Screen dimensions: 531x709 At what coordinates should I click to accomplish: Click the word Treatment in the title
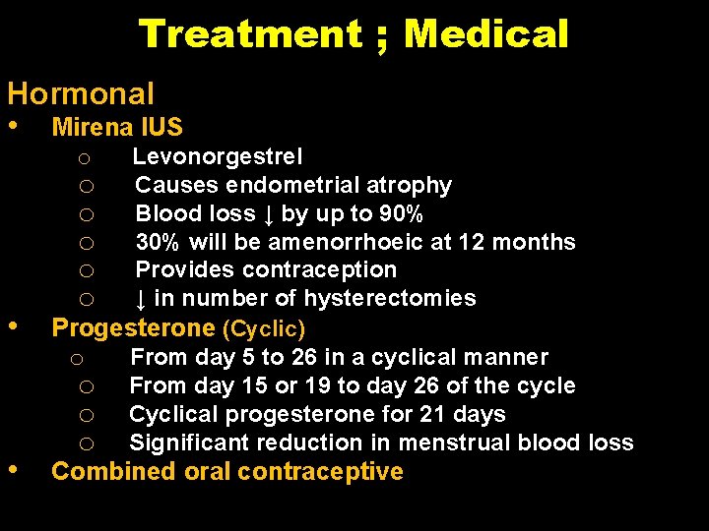pos(250,34)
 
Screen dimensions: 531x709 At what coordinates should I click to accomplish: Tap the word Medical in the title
pos(486,34)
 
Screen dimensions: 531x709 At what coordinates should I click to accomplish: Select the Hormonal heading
pos(81,94)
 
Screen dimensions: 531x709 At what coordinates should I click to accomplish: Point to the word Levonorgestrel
pos(218,156)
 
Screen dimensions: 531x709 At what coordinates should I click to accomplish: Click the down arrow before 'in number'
pos(142,298)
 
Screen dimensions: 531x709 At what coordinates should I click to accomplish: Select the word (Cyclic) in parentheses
pos(264,328)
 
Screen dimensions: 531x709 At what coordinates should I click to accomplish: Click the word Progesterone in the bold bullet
pos(133,327)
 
